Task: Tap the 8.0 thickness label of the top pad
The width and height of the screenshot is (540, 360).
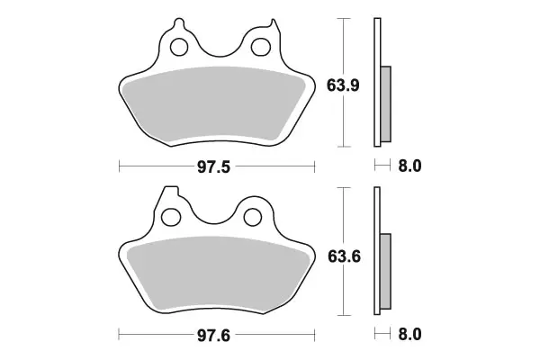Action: coord(409,166)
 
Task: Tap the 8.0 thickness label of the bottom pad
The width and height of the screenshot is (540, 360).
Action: coord(409,335)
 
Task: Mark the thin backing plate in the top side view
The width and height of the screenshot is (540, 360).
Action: coord(377,81)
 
